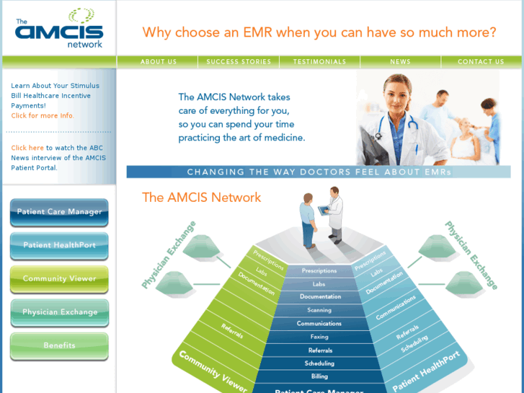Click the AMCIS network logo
(58, 29)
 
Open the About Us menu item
(159, 62)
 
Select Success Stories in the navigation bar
(239, 62)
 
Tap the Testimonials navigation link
(319, 62)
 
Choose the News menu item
(400, 62)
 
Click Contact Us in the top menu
(481, 62)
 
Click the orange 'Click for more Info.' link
(42, 115)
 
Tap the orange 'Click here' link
(27, 148)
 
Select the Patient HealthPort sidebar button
(59, 245)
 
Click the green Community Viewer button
(59, 278)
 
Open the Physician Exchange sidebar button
(59, 312)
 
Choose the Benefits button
(59, 345)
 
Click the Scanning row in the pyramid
(319, 310)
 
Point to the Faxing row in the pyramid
(319, 337)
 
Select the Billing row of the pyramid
(319, 376)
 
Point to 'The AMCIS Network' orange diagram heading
(201, 197)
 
